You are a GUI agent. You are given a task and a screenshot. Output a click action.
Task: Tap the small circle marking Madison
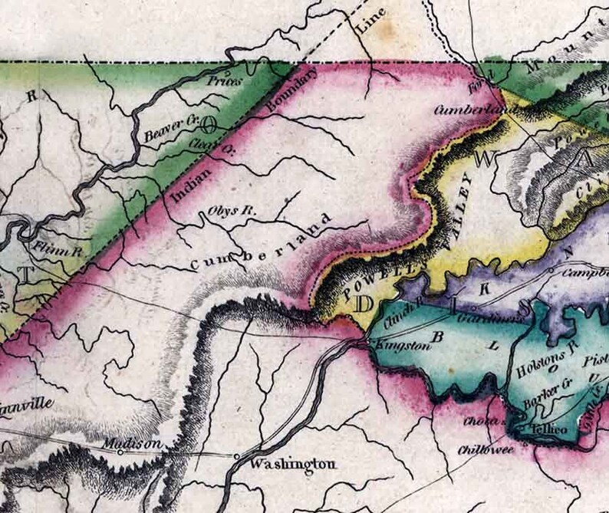(120, 452)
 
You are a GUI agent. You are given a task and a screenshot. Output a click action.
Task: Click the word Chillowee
(487, 449)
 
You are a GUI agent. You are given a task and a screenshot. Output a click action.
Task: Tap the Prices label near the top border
(225, 80)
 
